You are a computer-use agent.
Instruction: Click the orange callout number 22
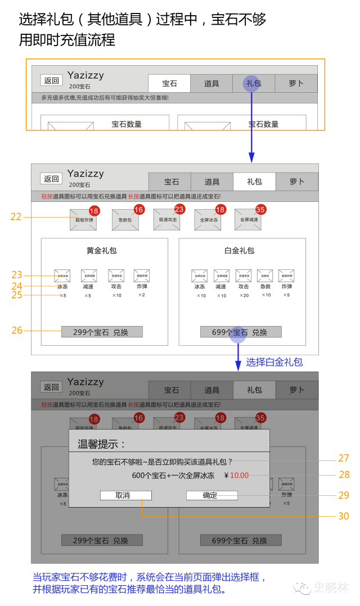[16, 216]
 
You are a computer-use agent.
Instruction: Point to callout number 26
[17, 331]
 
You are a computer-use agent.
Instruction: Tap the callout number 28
[344, 475]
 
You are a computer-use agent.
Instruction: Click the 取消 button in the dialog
[125, 495]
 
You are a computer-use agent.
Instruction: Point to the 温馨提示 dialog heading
[102, 444]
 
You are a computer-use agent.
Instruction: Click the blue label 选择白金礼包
[274, 362]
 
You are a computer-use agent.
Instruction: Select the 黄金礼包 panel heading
[101, 251]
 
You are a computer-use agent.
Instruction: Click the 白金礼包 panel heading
[239, 251]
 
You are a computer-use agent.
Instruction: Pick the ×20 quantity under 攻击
[244, 296]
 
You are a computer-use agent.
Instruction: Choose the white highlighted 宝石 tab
[169, 84]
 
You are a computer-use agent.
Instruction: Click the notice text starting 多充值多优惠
[105, 98]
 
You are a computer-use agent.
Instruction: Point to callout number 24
[17, 286]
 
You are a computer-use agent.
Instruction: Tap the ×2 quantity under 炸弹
[142, 295]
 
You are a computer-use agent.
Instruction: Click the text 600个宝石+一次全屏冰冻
[173, 476]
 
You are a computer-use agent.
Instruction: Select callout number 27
[344, 458]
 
